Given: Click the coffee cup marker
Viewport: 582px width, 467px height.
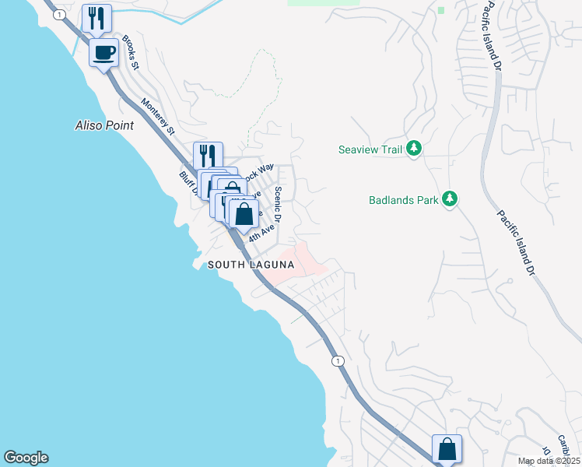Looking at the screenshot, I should point(103,52).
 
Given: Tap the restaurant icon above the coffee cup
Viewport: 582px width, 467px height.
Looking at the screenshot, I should point(96,18).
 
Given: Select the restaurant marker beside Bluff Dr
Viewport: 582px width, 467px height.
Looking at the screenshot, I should point(208,155).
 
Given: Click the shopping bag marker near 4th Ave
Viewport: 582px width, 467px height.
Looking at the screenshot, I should point(244,212).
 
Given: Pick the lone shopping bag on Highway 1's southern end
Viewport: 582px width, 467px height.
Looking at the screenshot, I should point(447,448).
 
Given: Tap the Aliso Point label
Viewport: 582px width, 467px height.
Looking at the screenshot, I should point(104,125).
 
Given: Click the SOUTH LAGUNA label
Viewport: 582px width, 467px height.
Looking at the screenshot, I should point(251,265).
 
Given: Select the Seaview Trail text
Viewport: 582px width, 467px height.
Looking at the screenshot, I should point(370,149).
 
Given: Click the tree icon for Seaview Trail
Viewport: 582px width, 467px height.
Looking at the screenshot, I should point(415,149).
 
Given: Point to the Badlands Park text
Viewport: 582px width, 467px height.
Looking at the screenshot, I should point(402,200).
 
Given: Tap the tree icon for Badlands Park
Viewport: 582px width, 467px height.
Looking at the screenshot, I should point(449,199).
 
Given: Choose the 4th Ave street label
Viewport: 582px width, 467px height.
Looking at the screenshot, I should point(264,231).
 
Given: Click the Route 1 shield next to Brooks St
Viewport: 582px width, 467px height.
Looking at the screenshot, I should point(58,14).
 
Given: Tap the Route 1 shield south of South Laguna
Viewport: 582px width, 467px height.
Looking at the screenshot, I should point(337,361).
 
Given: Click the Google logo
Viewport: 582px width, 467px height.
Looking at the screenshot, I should point(26,458).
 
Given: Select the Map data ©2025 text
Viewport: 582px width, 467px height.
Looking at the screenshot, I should point(547,461).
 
